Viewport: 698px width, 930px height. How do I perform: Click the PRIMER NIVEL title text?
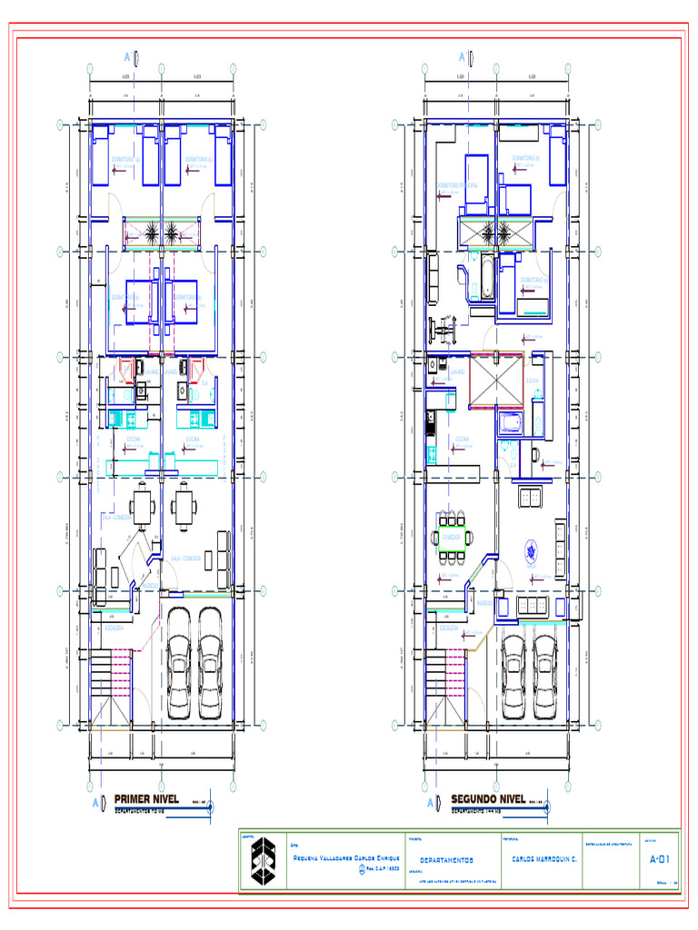click(152, 798)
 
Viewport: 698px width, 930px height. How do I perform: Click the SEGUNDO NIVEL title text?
click(488, 798)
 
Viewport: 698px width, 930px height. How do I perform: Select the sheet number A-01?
click(659, 858)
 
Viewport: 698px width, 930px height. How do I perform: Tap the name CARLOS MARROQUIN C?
click(544, 858)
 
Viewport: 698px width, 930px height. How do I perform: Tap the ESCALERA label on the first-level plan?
click(114, 628)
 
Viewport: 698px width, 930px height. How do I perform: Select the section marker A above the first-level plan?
click(128, 57)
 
